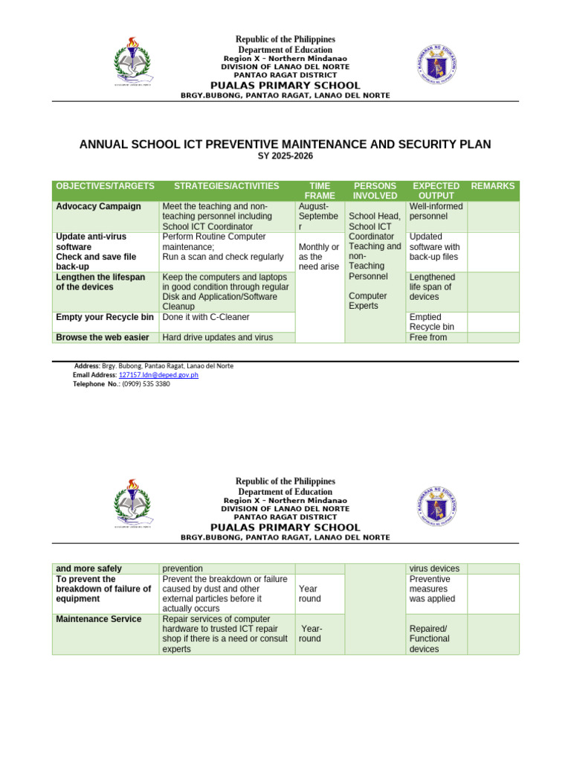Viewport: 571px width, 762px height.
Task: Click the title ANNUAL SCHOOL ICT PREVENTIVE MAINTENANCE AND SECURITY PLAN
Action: [285, 144]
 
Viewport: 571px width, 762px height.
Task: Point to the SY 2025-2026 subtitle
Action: [285, 156]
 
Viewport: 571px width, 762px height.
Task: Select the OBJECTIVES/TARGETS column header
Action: [105, 186]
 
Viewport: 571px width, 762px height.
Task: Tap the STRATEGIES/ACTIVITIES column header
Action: [226, 186]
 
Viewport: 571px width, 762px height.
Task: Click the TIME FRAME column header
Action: [320, 190]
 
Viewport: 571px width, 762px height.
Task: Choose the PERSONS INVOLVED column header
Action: [375, 190]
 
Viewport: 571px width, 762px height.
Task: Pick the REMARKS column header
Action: [493, 186]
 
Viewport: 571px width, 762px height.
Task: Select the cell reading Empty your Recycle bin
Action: [105, 317]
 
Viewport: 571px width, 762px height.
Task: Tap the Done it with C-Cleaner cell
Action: [206, 317]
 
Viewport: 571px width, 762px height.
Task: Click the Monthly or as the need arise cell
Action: [319, 257]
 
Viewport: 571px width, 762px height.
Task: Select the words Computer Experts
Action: [368, 301]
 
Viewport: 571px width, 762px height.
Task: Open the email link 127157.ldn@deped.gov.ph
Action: [158, 375]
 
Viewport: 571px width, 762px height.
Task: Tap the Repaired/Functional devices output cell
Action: [430, 638]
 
